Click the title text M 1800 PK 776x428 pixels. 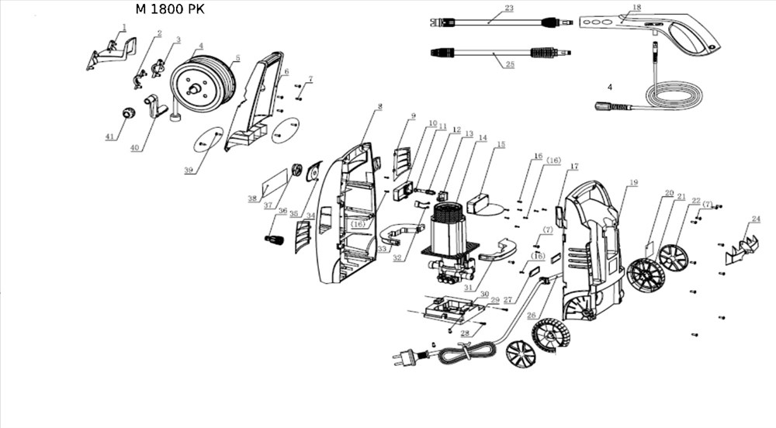[x=169, y=9]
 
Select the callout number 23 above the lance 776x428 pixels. [x=509, y=9]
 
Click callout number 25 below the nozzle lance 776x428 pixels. [x=510, y=64]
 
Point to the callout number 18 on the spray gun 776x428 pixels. [x=636, y=8]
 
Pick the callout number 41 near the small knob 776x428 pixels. [x=109, y=137]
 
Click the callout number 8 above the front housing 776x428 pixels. [x=379, y=106]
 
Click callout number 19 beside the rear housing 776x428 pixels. [x=634, y=183]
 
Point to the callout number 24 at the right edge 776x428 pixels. [x=755, y=219]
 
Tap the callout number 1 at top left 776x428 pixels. [x=123, y=27]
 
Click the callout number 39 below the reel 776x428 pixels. [x=189, y=171]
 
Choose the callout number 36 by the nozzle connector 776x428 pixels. [x=282, y=211]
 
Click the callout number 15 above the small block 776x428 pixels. [x=501, y=144]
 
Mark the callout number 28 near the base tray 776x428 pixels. [x=465, y=333]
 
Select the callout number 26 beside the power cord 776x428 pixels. [x=532, y=316]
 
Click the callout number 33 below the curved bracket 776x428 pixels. [x=382, y=249]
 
